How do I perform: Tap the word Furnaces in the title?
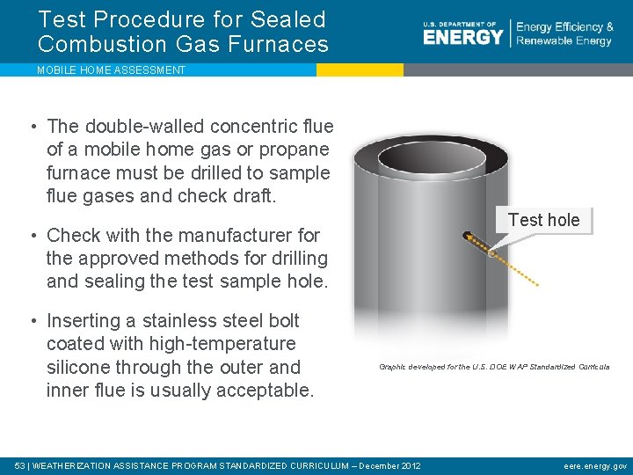(283, 44)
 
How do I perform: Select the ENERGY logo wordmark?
(462, 36)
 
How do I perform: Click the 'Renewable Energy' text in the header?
(564, 41)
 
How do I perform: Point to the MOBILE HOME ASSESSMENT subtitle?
(111, 70)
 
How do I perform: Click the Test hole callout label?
(543, 220)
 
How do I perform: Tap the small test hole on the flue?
(492, 254)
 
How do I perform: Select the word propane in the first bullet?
(295, 150)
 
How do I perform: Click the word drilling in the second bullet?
(292, 259)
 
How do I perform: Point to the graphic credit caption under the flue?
(493, 367)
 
